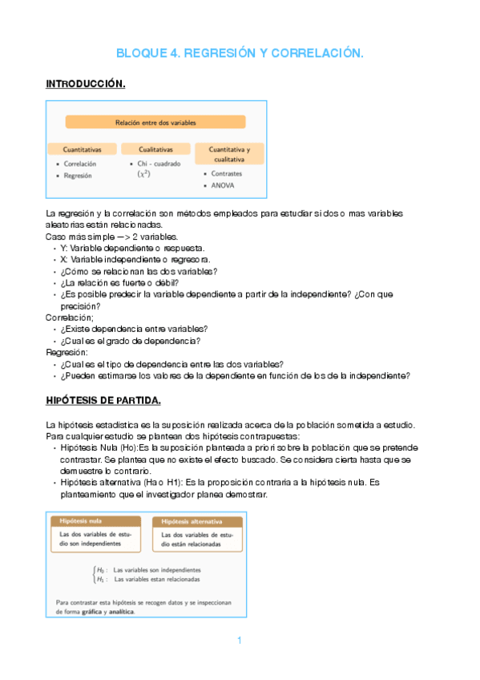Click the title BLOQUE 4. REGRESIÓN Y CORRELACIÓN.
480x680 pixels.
coord(240,54)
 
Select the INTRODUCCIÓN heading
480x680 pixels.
coord(86,83)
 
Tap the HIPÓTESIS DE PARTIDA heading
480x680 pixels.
coord(103,399)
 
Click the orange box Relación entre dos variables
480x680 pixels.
coord(155,123)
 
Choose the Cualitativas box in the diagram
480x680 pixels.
coord(155,149)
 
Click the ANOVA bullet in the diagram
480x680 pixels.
coord(224,185)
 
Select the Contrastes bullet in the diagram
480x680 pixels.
coord(227,173)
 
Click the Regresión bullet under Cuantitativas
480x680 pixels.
coord(79,175)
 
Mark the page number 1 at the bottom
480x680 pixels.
coord(240,640)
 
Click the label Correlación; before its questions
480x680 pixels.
coord(70,318)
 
